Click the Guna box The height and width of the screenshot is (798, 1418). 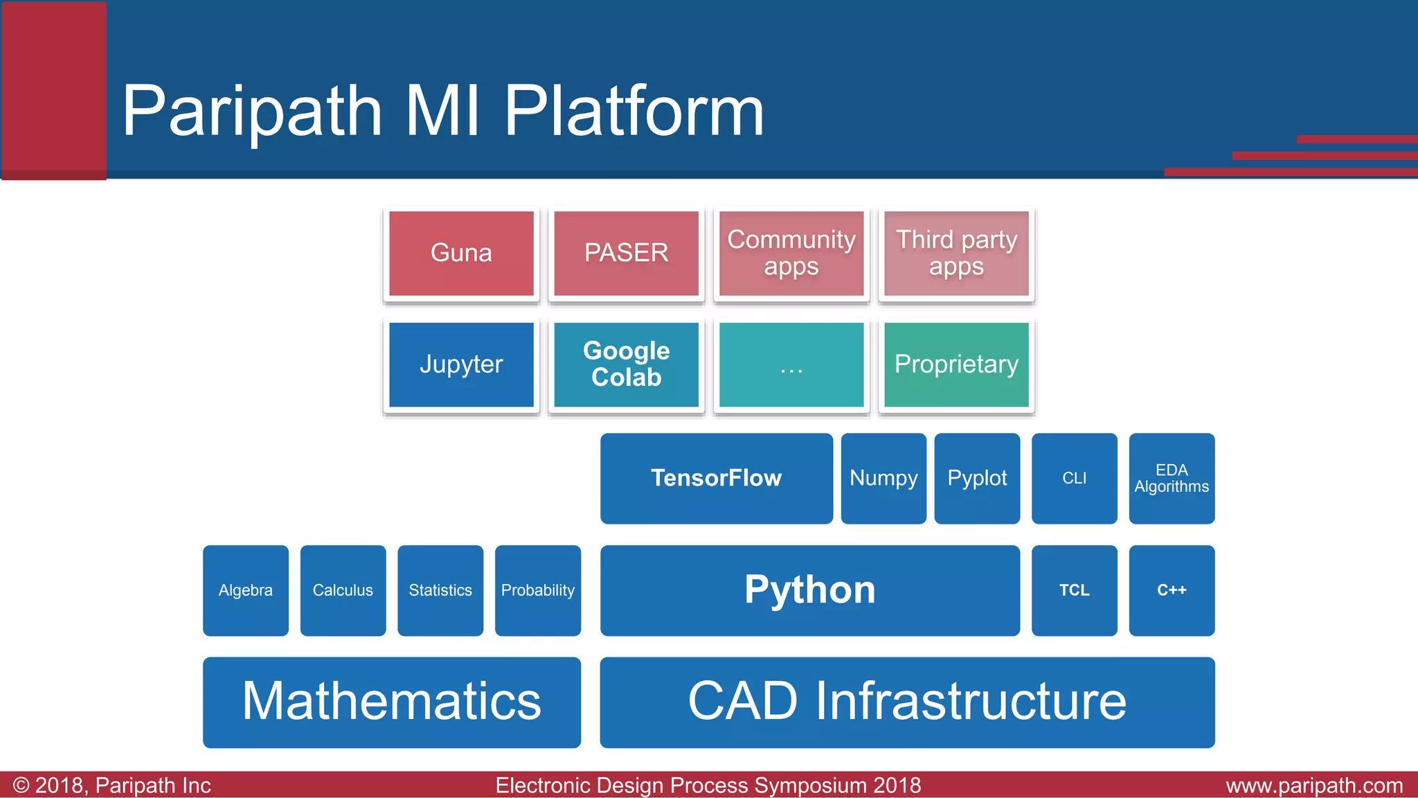pos(461,254)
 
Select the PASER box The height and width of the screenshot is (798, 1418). pos(626,254)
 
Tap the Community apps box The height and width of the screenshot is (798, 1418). pos(791,254)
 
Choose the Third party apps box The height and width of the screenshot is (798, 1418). pos(956,254)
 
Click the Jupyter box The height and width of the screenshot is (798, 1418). pos(461,364)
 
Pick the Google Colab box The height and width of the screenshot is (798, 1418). pos(626,364)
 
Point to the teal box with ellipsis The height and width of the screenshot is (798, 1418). pos(791,364)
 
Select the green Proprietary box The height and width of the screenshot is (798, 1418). pos(956,364)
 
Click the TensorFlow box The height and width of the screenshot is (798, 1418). pos(716,478)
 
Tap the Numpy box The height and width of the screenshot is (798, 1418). pos(883,478)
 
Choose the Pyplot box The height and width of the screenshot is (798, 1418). pos(977,478)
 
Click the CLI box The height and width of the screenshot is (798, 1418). pos(1074,478)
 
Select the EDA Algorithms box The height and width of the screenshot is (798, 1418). pos(1172,478)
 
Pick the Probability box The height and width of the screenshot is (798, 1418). pos(537,590)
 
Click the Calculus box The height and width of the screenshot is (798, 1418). pos(343,590)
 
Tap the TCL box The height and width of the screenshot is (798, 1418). pos(1074,590)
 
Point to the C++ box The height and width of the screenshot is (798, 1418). pos(1172,590)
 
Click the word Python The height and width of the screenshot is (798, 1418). pos(809,590)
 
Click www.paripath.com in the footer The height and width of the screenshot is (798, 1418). pos(1313,786)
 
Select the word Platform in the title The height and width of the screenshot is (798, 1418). pos(634,111)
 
